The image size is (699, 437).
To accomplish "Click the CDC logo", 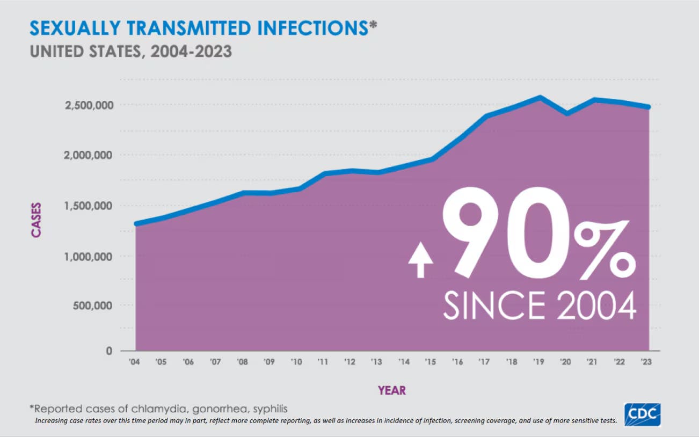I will pyautogui.click(x=642, y=415).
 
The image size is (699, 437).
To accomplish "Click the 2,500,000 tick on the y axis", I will pyautogui.click(x=89, y=105).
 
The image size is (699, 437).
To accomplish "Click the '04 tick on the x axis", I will pyautogui.click(x=135, y=362).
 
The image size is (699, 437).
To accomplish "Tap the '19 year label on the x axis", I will pyautogui.click(x=540, y=362).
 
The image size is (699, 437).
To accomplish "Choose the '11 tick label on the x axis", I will pyautogui.click(x=323, y=362).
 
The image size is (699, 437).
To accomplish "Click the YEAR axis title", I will pyautogui.click(x=391, y=390).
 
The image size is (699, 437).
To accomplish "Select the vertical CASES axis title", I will pyautogui.click(x=36, y=220).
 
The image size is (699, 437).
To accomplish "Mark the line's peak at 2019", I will pyautogui.click(x=540, y=98).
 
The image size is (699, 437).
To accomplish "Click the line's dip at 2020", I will pyautogui.click(x=567, y=113).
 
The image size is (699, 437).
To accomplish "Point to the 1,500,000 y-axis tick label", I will pyautogui.click(x=89, y=206).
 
